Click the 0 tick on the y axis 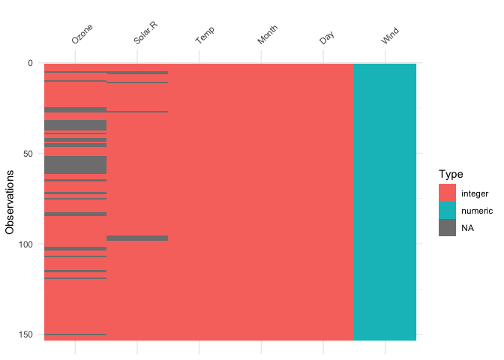tap(30, 63)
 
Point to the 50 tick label tap(28, 154)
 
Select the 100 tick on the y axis tap(25, 244)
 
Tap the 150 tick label tap(25, 334)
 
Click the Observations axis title tap(10, 202)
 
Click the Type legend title tap(450, 174)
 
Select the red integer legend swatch tap(448, 193)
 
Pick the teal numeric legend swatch tap(448, 211)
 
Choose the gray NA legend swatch tap(448, 229)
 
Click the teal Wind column tap(385, 202)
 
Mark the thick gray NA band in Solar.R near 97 tap(137, 238)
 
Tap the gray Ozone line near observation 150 tap(75, 334)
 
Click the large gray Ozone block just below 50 tap(75, 165)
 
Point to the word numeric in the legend tap(477, 211)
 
